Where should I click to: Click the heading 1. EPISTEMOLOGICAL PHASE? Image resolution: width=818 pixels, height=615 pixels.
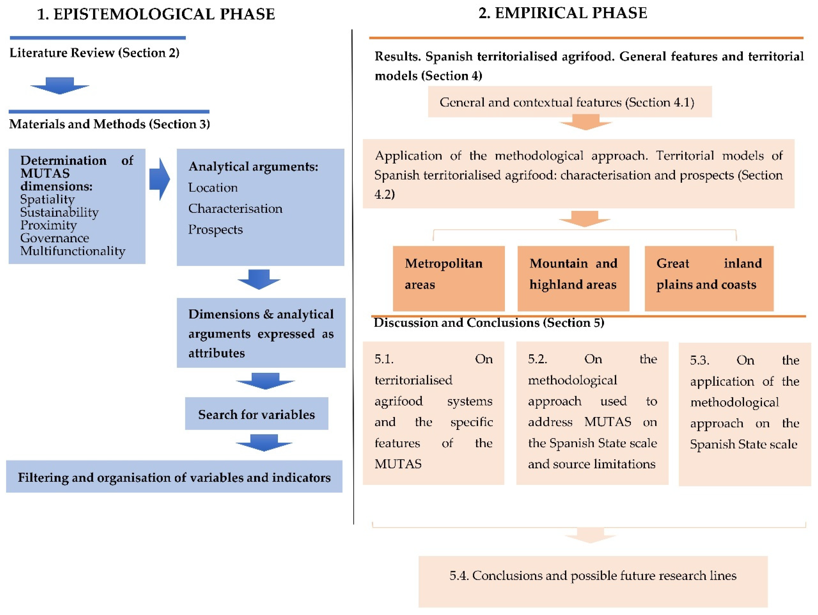point(156,14)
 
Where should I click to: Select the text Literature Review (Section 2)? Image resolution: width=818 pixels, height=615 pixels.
point(94,53)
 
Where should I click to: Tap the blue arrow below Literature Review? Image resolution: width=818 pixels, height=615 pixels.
point(60,85)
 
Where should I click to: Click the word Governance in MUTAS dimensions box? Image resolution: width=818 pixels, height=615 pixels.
point(54,238)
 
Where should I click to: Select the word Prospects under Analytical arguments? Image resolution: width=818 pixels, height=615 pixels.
point(215,230)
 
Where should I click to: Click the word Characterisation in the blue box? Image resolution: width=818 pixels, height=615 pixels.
point(235,209)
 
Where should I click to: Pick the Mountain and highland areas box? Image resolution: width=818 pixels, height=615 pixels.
point(573,278)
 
